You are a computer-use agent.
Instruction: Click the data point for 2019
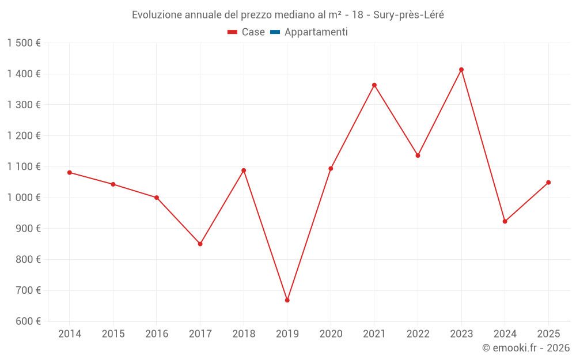(287, 300)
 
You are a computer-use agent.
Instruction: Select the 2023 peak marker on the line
(461, 70)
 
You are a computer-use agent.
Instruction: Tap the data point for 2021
(374, 85)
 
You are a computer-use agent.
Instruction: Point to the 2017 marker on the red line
(200, 244)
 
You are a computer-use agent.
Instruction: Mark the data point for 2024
(505, 221)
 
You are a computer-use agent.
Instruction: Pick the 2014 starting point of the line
(70, 172)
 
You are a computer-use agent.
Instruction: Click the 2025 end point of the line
(548, 183)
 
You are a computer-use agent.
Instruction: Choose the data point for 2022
(418, 156)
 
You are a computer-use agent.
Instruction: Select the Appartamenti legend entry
(316, 32)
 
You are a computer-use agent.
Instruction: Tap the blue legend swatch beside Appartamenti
(275, 32)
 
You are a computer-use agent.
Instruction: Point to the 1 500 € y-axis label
(24, 43)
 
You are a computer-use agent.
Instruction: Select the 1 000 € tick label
(24, 198)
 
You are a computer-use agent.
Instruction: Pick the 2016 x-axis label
(157, 334)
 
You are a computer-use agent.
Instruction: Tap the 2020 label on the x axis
(331, 334)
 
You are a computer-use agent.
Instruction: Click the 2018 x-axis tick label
(244, 334)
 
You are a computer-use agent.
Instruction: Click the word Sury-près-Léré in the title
(408, 14)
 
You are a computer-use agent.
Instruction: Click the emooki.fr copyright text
(526, 348)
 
